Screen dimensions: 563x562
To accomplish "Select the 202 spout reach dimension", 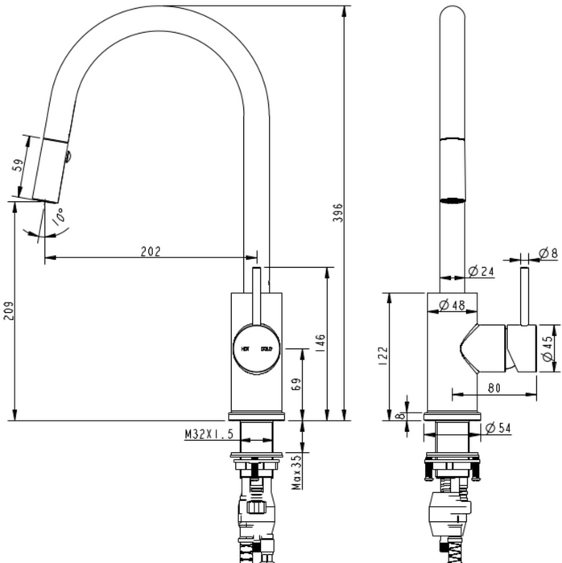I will (151, 251).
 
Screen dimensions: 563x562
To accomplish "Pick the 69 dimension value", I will (295, 384).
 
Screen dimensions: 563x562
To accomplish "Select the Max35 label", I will (296, 471).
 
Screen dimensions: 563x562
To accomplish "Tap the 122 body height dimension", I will (382, 354).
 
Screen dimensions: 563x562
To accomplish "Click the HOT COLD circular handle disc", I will (256, 349).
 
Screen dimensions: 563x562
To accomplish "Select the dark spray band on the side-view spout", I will (453, 197).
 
